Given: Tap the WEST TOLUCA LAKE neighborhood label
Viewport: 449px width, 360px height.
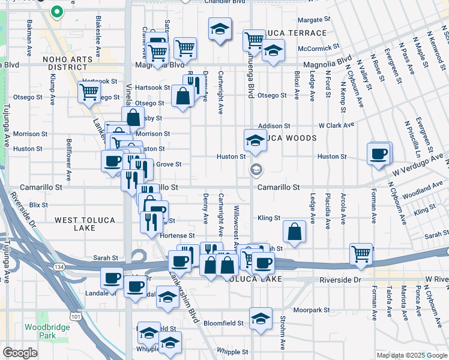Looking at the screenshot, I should click(85, 225).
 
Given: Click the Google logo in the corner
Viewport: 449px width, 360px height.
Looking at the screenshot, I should click(20, 353).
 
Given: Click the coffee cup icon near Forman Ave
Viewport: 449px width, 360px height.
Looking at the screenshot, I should click(379, 154).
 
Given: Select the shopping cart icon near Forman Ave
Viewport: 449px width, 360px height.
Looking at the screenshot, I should click(361, 254).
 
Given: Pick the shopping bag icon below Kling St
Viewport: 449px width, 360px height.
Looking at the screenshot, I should click(295, 232).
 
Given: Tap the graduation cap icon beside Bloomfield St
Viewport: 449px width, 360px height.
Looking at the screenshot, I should click(261, 317).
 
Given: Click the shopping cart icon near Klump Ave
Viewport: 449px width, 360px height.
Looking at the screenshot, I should click(89, 92).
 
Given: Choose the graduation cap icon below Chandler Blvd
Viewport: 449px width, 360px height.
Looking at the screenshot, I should click(220, 28).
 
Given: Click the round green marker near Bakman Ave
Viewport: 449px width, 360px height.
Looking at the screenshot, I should click(57, 11).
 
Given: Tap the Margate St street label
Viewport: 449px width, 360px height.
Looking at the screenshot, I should click(310, 20).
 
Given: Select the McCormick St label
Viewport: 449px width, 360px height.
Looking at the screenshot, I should click(320, 46).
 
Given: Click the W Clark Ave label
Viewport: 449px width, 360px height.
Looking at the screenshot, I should click(336, 126).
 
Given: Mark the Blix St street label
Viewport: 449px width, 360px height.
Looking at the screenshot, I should click(39, 205).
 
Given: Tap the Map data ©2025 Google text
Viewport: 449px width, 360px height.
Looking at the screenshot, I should click(411, 355).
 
